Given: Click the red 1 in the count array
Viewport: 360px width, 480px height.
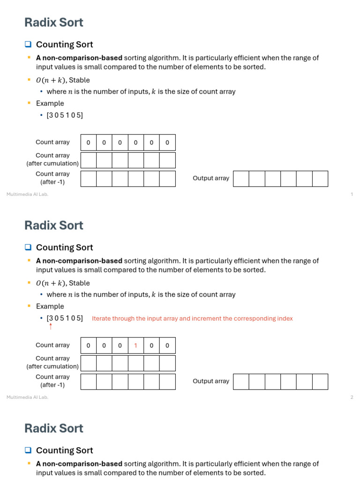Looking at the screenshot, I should (x=135, y=346).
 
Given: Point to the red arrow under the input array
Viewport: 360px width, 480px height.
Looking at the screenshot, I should (x=51, y=326).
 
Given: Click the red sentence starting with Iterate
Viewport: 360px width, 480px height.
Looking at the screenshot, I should (x=192, y=319).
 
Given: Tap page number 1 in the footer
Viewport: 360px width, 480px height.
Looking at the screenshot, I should (x=352, y=195).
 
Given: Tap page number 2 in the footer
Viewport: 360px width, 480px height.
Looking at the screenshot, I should (x=352, y=397).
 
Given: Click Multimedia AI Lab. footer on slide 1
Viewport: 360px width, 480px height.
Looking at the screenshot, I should (x=27, y=195).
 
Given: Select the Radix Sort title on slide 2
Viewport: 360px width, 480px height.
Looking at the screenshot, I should (x=54, y=225).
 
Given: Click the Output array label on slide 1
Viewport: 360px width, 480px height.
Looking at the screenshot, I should (x=211, y=178).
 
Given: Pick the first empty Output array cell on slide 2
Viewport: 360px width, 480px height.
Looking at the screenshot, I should (x=241, y=382).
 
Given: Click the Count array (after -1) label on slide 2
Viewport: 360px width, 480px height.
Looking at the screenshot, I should (x=52, y=381).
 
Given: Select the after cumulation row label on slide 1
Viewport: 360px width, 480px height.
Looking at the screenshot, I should (x=52, y=159).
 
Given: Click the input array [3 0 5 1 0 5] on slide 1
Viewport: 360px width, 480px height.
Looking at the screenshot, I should (x=65, y=115).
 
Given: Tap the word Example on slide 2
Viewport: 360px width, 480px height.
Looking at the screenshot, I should (x=50, y=307).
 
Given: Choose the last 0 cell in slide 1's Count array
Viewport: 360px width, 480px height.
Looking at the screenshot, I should (x=167, y=143).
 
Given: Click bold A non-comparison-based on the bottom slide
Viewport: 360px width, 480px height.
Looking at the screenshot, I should (x=79, y=464).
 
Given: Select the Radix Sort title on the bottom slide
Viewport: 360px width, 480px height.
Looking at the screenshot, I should (x=54, y=428).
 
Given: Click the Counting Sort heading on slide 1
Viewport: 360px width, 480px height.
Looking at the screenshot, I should (x=64, y=45).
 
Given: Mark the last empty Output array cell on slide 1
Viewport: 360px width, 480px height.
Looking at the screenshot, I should (x=320, y=179).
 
